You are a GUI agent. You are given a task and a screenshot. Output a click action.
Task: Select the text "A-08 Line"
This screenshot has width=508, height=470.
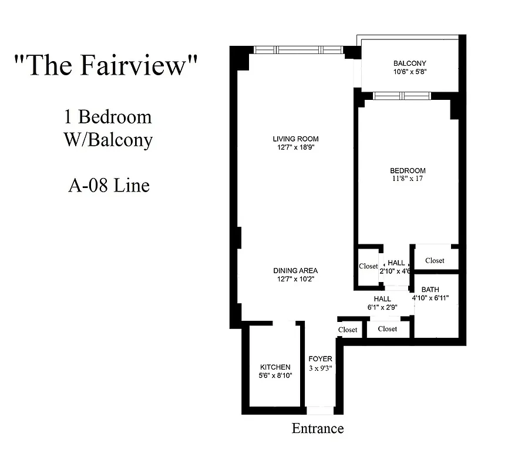[109, 186]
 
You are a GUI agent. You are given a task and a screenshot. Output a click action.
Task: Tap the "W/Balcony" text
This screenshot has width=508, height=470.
[109, 140]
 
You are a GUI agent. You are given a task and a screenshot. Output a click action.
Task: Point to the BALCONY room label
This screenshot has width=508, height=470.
[409, 63]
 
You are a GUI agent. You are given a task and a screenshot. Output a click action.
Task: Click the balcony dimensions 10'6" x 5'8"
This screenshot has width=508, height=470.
[409, 73]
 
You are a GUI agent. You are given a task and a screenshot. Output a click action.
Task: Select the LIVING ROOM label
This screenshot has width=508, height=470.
[295, 139]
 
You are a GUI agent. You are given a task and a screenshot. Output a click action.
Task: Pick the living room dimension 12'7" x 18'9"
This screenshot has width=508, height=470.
[295, 148]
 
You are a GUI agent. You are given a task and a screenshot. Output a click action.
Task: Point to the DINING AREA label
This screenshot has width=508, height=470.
[295, 271]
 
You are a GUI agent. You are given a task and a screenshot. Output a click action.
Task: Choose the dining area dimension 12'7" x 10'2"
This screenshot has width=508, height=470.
[295, 280]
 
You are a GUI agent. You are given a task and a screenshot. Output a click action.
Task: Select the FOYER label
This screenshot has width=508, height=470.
[320, 359]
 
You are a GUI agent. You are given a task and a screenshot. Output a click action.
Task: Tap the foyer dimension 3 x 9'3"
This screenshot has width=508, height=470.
[320, 368]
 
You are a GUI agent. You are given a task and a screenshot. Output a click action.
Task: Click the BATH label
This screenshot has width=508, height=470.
[430, 290]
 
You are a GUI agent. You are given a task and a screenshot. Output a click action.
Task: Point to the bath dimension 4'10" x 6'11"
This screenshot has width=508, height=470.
[430, 298]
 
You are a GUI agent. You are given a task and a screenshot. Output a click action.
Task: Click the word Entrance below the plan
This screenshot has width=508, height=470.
[317, 428]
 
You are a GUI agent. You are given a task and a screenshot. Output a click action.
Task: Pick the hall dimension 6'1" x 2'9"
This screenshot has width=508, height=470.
[382, 307]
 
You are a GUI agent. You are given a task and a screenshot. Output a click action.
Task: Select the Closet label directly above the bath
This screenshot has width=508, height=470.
[435, 260]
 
